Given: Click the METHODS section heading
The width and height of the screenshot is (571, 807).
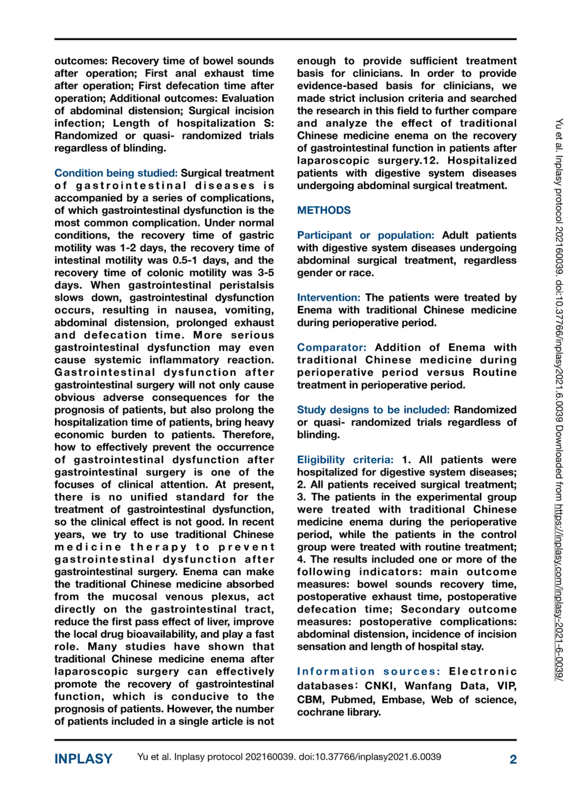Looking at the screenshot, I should (323, 211).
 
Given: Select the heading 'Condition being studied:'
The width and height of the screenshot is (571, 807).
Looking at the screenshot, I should (116, 173).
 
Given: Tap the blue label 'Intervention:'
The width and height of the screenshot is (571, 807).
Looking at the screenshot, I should (329, 298).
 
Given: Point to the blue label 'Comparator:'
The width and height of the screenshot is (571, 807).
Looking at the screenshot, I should (332, 348).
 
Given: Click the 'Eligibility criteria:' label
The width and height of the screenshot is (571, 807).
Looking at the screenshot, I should (345, 460).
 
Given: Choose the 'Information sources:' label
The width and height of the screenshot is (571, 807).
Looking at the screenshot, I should (369, 672).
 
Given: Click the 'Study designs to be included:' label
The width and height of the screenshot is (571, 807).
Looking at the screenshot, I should (373, 410).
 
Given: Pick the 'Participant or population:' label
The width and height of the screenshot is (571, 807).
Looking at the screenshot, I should (365, 235).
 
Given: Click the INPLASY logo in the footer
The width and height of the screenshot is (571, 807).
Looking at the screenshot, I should (84, 759).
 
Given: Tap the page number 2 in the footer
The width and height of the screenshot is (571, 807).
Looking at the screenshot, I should (513, 759).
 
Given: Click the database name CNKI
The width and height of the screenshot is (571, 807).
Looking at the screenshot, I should (379, 686).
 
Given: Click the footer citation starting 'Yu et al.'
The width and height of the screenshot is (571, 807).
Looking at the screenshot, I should (289, 757).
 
